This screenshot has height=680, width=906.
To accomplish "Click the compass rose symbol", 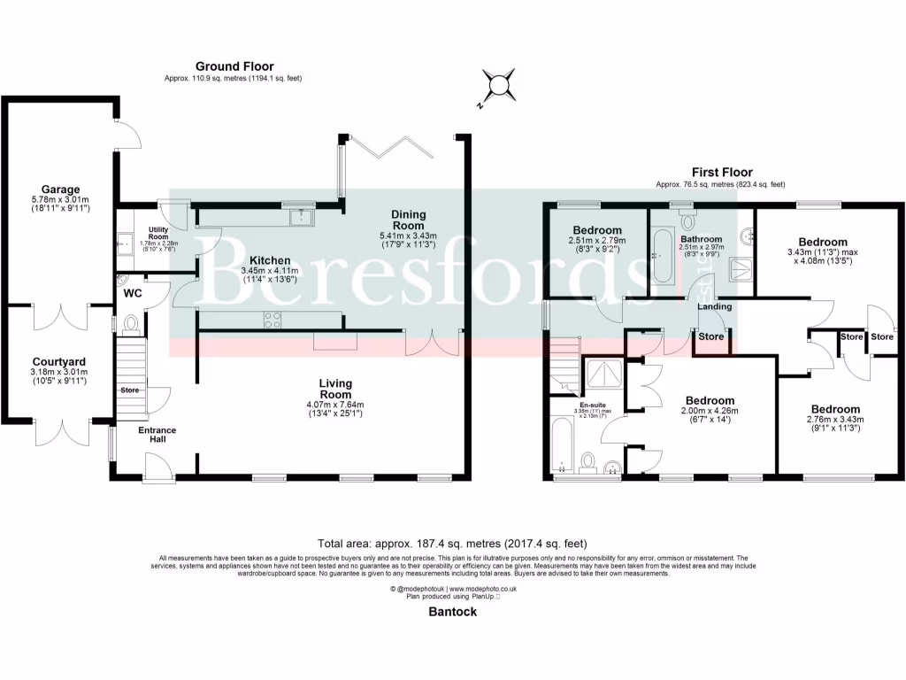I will pos(500,85).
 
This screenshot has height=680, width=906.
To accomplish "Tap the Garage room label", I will pos(60,189).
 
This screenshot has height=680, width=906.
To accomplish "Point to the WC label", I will pos(134,292).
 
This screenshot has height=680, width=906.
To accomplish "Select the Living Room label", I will pos(335,389).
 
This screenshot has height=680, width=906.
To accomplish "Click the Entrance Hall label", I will pos(157,436).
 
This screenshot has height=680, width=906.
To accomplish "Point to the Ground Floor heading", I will pos(234,66).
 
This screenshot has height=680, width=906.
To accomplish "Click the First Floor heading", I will pos(721,173).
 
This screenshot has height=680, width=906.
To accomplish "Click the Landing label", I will pos(714,307).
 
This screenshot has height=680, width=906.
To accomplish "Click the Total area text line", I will pos(452,543).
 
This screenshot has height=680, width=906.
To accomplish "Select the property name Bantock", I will pos(452,611).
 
